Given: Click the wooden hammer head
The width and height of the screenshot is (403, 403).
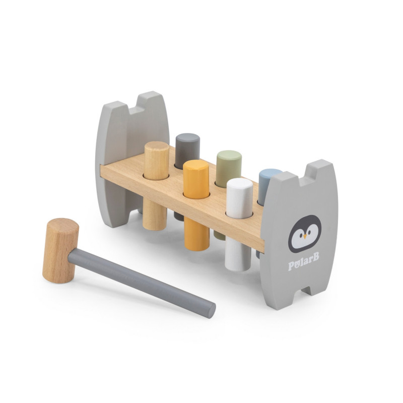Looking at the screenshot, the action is (x=60, y=250).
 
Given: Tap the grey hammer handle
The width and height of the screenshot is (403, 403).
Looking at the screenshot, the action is (x=142, y=283).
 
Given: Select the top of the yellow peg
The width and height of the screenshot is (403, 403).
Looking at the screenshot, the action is (x=196, y=166).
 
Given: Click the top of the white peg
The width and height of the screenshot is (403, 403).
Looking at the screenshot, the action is (x=240, y=184).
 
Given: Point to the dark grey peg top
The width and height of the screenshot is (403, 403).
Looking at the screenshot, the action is (x=187, y=138).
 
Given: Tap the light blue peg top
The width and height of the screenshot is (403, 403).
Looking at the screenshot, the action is (x=271, y=173).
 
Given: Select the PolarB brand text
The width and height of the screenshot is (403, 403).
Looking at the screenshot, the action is (x=304, y=262).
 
